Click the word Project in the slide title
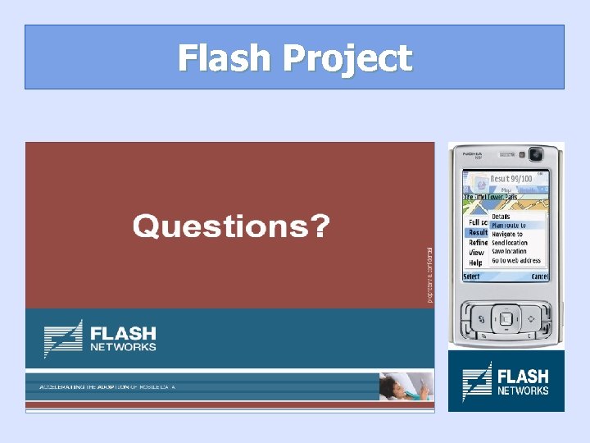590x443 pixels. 347,59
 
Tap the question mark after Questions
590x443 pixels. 320,225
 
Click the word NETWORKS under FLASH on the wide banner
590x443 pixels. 123,347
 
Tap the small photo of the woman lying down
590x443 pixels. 405,386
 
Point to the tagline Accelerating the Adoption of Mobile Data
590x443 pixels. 107,386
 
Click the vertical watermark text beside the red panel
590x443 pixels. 428,275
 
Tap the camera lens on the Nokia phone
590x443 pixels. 536,154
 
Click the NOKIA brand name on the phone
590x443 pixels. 474,153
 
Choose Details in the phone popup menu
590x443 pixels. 501,217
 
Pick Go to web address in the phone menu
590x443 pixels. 516,261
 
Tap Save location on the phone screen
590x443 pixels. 509,252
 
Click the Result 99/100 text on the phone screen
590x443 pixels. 511,179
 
